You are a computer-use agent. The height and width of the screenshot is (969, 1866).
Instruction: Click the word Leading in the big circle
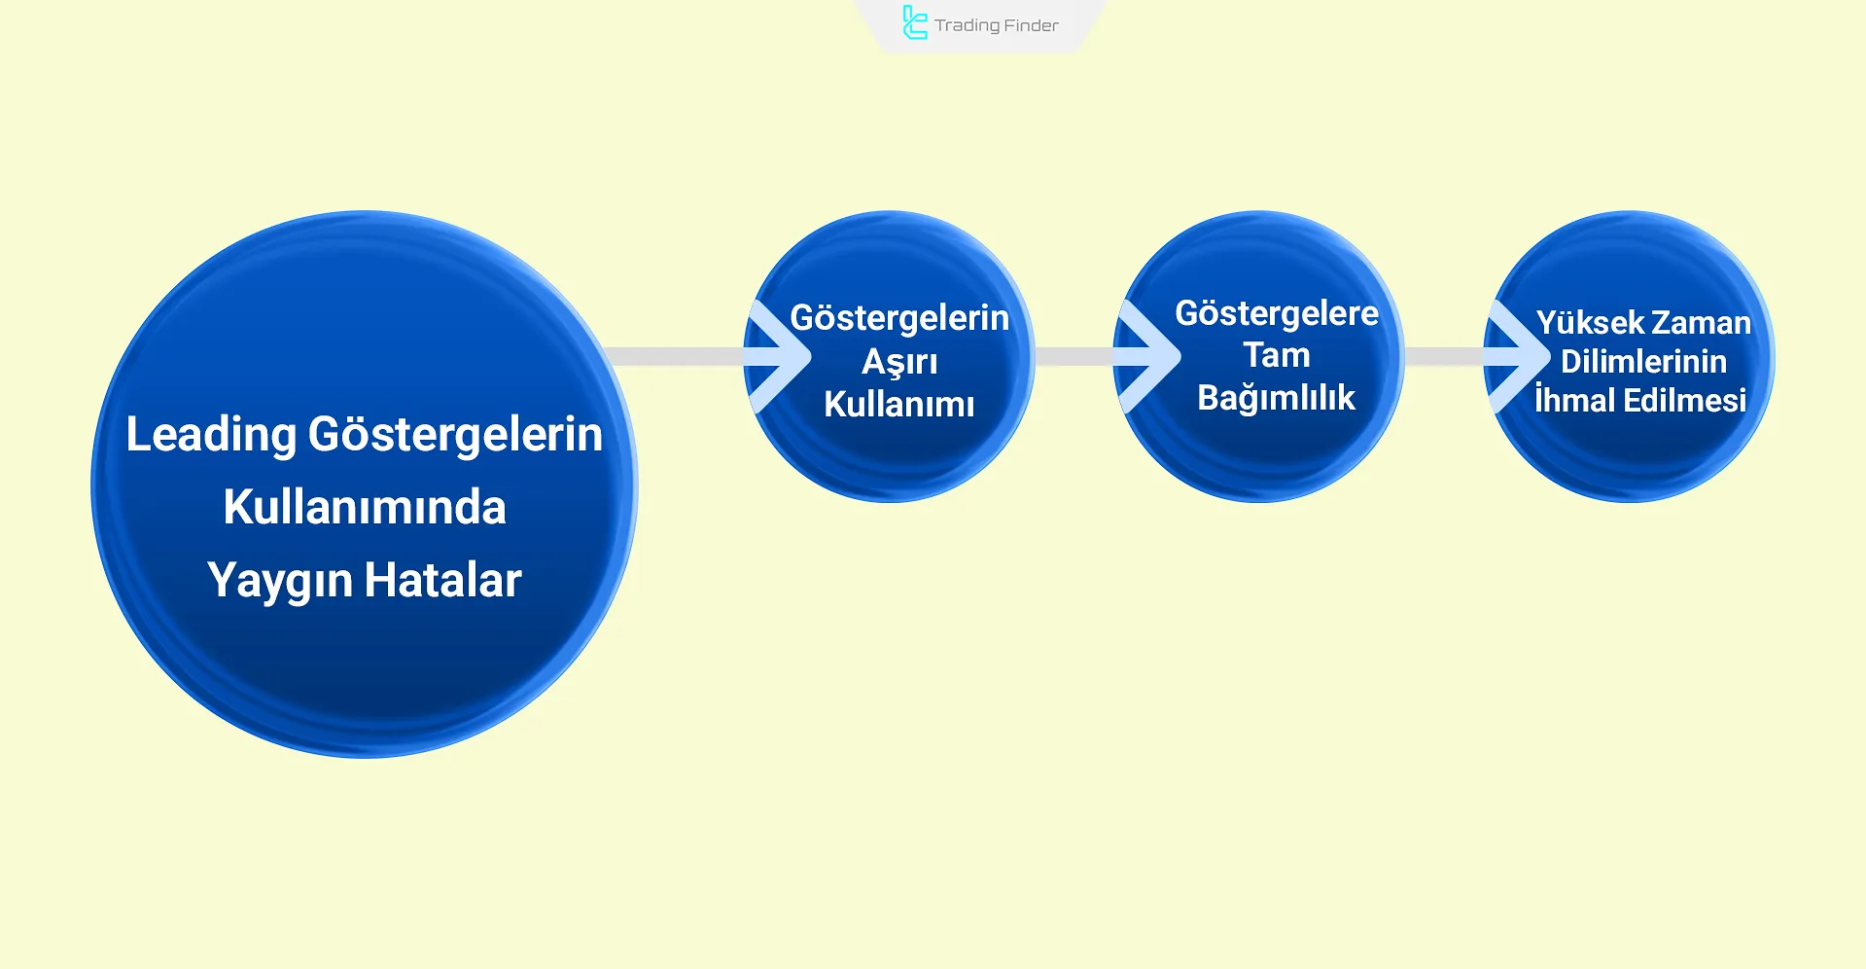(210, 434)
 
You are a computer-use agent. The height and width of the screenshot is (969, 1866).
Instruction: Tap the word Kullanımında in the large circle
(365, 507)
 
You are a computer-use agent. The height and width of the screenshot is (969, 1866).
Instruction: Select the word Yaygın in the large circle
(279, 581)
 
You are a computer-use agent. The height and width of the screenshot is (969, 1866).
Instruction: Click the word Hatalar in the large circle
(442, 580)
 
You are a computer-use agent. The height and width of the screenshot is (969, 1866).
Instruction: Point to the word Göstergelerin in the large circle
(455, 434)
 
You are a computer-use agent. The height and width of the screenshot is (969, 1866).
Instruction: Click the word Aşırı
(899, 362)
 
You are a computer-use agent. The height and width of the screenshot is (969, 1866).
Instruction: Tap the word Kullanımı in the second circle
(898, 404)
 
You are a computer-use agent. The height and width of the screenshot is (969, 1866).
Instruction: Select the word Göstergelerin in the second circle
(899, 318)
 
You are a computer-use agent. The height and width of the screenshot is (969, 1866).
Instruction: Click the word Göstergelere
(1276, 313)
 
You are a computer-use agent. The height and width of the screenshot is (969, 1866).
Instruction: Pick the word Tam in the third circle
(1276, 355)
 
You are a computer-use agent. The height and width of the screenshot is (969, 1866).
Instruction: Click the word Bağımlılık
(1276, 397)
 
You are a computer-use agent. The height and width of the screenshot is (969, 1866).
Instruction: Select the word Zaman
(1700, 323)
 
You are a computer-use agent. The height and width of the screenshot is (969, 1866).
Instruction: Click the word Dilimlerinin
(1643, 362)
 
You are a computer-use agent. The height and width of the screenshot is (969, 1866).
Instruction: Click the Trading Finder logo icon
(914, 23)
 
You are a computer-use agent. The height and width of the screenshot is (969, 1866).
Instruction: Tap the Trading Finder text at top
(996, 25)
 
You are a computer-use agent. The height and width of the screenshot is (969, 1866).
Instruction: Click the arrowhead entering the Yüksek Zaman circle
(1522, 357)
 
